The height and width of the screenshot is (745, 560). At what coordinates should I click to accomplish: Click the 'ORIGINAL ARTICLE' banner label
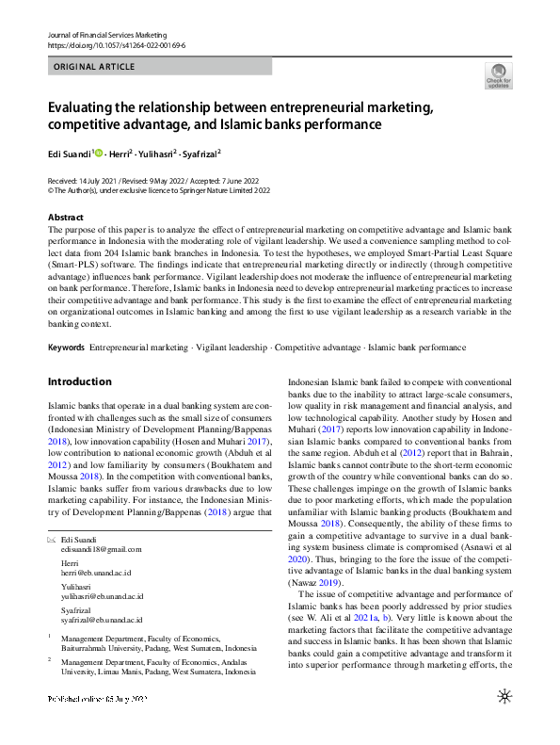[x=94, y=67]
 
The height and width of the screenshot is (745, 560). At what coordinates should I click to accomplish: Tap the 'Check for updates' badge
[x=498, y=75]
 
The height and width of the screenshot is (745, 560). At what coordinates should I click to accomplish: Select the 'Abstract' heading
[x=66, y=218]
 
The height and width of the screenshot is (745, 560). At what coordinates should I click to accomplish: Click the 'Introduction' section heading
[x=79, y=381]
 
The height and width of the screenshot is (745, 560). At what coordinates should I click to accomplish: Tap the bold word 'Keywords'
[x=66, y=348]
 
